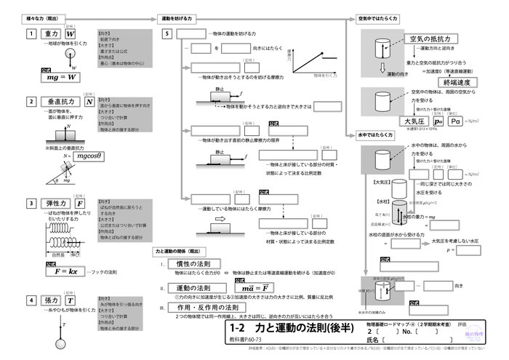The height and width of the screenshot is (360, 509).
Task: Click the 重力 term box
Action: pos(50,34)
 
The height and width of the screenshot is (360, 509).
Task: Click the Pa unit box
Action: pos(459,121)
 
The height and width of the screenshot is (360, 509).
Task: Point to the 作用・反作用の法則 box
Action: pos(203,308)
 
